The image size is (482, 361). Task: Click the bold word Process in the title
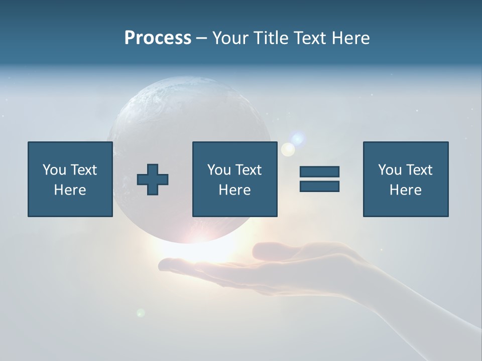[158, 38]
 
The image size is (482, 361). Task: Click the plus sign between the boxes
[153, 179]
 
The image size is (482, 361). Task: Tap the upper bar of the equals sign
[319, 171]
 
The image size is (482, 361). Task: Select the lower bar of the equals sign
[319, 187]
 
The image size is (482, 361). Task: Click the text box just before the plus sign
[70, 179]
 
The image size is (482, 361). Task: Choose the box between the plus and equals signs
[234, 179]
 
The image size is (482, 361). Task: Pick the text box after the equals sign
[405, 179]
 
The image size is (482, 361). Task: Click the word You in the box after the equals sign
[390, 170]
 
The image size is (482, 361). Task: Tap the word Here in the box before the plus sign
[70, 190]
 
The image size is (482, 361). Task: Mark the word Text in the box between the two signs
[249, 170]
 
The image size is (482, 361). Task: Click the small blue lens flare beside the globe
[299, 138]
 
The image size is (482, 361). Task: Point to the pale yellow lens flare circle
[288, 149]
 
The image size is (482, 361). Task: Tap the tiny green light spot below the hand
[141, 313]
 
